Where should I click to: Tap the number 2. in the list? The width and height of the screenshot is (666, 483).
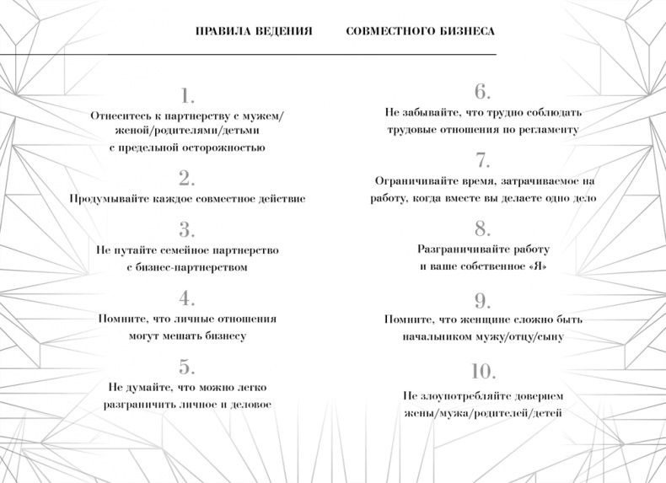click(x=187, y=178)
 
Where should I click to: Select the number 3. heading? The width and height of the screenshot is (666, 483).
click(x=187, y=229)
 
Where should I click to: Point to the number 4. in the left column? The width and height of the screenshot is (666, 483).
click(x=187, y=298)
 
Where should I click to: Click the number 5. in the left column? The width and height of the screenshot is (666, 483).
click(x=187, y=367)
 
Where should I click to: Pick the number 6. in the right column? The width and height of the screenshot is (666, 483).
click(x=482, y=91)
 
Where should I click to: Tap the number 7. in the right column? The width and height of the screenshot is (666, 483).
click(x=482, y=160)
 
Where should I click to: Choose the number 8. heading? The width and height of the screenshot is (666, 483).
click(x=482, y=228)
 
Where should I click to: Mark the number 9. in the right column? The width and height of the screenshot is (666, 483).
click(x=482, y=300)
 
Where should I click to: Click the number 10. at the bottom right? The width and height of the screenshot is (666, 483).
click(x=482, y=371)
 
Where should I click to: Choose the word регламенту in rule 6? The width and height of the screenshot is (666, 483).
click(x=551, y=130)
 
